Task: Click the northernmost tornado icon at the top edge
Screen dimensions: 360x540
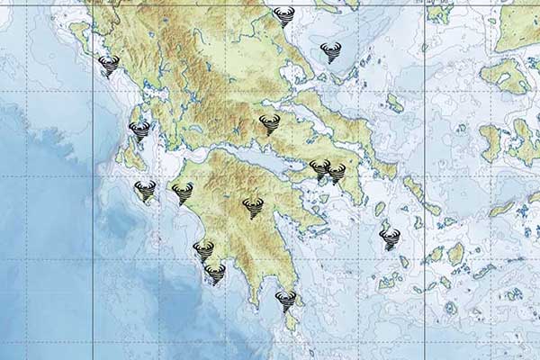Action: pyautogui.click(x=284, y=15)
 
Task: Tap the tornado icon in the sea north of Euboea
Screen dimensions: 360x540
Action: pyautogui.click(x=330, y=52)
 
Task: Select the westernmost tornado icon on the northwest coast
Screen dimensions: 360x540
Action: pyautogui.click(x=108, y=66)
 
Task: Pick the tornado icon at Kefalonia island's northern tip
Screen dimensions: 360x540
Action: pyautogui.click(x=139, y=131)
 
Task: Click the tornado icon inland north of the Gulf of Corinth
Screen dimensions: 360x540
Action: pyautogui.click(x=269, y=124)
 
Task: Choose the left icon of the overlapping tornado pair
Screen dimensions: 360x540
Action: pyautogui.click(x=319, y=168)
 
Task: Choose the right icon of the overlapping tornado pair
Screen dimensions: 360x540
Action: pyautogui.click(x=337, y=173)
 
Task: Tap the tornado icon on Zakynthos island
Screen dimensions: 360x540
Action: pyautogui.click(x=145, y=190)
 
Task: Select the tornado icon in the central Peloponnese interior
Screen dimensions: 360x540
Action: pyautogui.click(x=253, y=208)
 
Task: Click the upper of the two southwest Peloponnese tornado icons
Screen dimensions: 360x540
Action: pyautogui.click(x=203, y=250)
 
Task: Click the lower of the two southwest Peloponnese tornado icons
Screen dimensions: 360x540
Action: pyautogui.click(x=215, y=273)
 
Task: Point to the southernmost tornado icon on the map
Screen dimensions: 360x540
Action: pyautogui.click(x=285, y=301)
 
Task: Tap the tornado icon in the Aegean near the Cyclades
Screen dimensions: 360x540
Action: pyautogui.click(x=390, y=238)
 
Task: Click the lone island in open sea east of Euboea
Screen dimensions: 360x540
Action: pyautogui.click(x=394, y=103)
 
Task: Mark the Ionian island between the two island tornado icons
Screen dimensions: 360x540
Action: pyautogui.click(x=130, y=158)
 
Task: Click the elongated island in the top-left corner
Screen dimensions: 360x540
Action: pyautogui.click(x=79, y=36)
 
